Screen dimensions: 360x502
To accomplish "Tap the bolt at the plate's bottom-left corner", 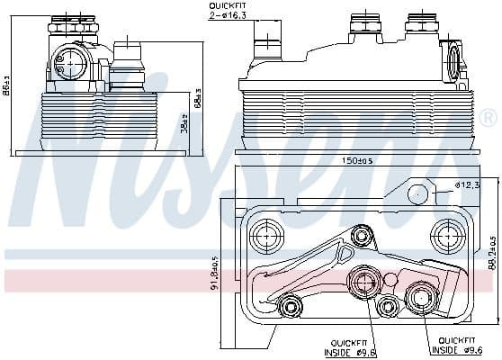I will (290, 308).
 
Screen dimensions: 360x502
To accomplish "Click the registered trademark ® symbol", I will (487, 118).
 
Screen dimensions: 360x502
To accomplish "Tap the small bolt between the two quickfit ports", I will (388, 307).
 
